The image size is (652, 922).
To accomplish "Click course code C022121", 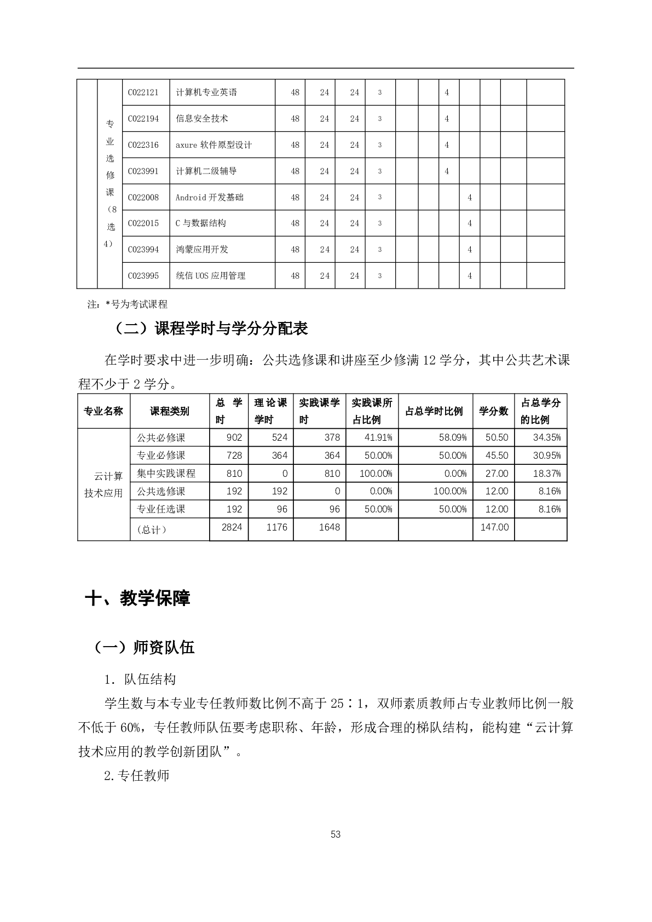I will [x=143, y=93].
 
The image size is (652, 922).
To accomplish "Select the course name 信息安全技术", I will [x=202, y=119].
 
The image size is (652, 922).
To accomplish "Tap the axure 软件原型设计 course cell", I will [x=214, y=145].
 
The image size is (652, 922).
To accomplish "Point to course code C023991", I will [x=143, y=171].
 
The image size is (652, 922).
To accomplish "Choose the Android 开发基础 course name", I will [x=209, y=197].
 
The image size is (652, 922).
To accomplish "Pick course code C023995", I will [x=143, y=276].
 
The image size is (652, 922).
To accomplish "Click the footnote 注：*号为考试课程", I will [x=128, y=304].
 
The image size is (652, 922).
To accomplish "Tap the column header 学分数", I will [x=493, y=411].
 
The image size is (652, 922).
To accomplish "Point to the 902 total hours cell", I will [x=234, y=437].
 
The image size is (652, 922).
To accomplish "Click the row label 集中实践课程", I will [x=166, y=474].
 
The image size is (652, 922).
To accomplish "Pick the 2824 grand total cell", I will [x=232, y=527].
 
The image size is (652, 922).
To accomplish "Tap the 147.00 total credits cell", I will [x=494, y=527].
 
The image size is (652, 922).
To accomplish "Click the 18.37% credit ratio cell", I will [x=546, y=474].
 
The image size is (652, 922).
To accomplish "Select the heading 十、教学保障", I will [x=138, y=598].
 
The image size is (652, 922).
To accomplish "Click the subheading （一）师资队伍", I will [x=145, y=648].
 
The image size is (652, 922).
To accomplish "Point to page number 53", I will [x=336, y=834].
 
